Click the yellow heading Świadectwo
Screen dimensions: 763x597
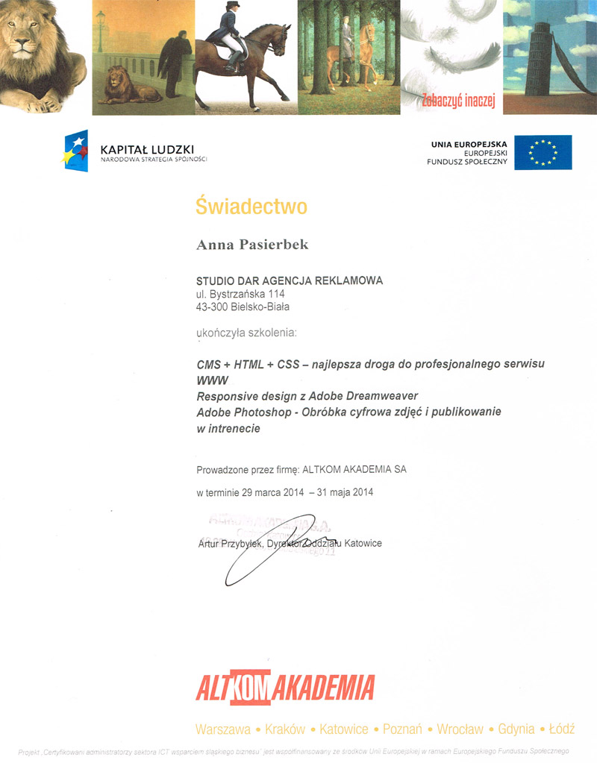click(251, 206)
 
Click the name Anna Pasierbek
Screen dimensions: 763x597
click(251, 245)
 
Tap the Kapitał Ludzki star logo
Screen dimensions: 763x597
click(77, 150)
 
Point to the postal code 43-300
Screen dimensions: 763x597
click(213, 307)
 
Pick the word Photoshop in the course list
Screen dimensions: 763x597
click(258, 412)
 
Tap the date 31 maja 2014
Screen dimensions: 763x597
click(343, 492)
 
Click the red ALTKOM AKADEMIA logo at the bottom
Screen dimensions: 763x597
click(284, 688)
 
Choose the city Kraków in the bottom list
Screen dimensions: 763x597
click(285, 729)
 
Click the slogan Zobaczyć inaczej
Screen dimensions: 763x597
click(458, 101)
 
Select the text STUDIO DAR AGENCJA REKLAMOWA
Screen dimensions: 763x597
click(290, 280)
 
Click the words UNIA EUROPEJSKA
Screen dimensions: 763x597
click(469, 143)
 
